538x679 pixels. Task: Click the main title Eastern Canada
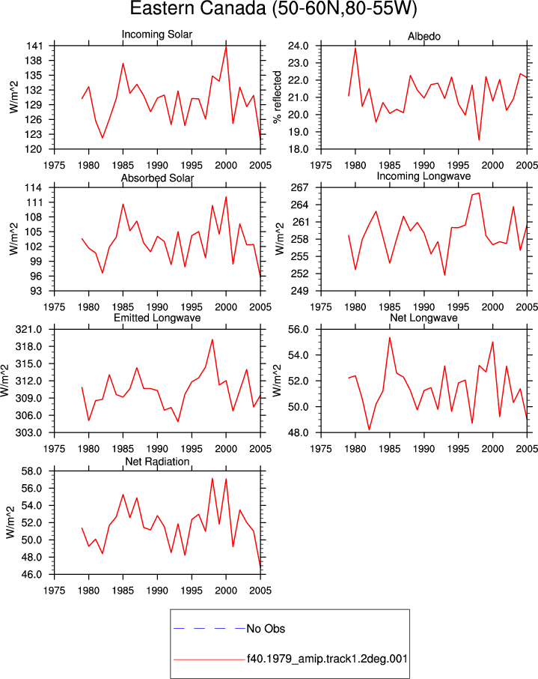click(x=198, y=9)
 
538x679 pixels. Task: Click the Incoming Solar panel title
click(x=157, y=34)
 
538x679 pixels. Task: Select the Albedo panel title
click(x=424, y=37)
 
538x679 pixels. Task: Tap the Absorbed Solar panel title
click(x=157, y=178)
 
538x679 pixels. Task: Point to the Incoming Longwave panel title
click(x=424, y=176)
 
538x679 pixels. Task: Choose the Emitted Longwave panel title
click(x=157, y=318)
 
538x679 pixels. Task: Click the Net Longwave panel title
click(x=424, y=318)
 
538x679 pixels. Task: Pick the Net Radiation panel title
click(x=157, y=462)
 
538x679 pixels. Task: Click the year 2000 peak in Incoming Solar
click(x=226, y=46)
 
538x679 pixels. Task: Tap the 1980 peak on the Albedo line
click(x=355, y=48)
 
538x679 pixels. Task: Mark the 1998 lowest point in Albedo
click(x=479, y=139)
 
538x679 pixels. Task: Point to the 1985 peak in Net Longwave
click(x=390, y=338)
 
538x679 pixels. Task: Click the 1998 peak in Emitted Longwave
click(x=213, y=339)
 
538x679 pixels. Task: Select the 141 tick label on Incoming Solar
click(x=34, y=46)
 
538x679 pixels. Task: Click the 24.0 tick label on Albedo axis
click(x=299, y=46)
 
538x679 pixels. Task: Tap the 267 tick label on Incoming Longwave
click(x=300, y=187)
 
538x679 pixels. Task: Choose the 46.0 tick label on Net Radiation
click(x=32, y=575)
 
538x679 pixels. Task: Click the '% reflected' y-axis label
click(x=277, y=97)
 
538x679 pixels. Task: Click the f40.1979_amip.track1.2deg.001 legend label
click(x=327, y=659)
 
